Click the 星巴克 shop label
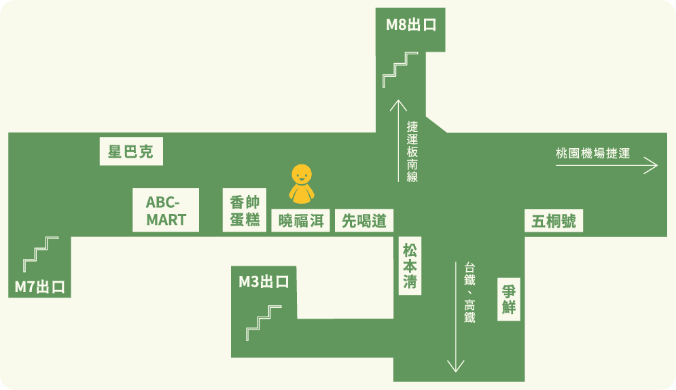tap(131, 152)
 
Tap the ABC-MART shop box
tap(166, 211)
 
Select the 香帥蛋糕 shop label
tap(245, 211)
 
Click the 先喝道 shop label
tap(364, 221)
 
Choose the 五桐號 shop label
tap(554, 221)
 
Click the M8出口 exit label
tap(410, 26)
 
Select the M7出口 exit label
tap(40, 287)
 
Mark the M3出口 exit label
tap(264, 281)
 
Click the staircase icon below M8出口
tap(400, 69)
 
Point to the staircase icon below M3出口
tap(264, 323)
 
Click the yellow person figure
tap(302, 184)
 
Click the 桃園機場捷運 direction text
tap(592, 154)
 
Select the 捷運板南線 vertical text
tap(412, 152)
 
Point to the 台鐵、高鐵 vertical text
tap(469, 292)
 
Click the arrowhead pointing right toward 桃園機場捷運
tap(652, 165)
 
